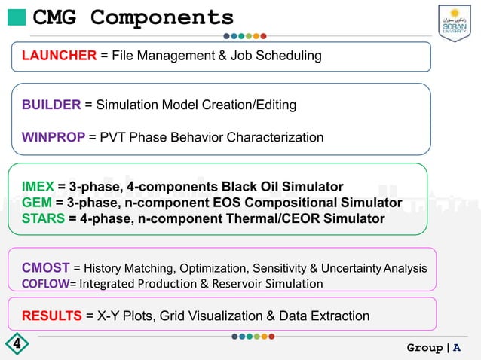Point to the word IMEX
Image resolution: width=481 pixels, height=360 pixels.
pos(38,187)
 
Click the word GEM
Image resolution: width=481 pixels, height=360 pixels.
pos(37,203)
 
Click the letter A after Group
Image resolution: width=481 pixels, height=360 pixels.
pos(457,348)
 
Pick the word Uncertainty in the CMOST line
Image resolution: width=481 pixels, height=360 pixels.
pos(349,268)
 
